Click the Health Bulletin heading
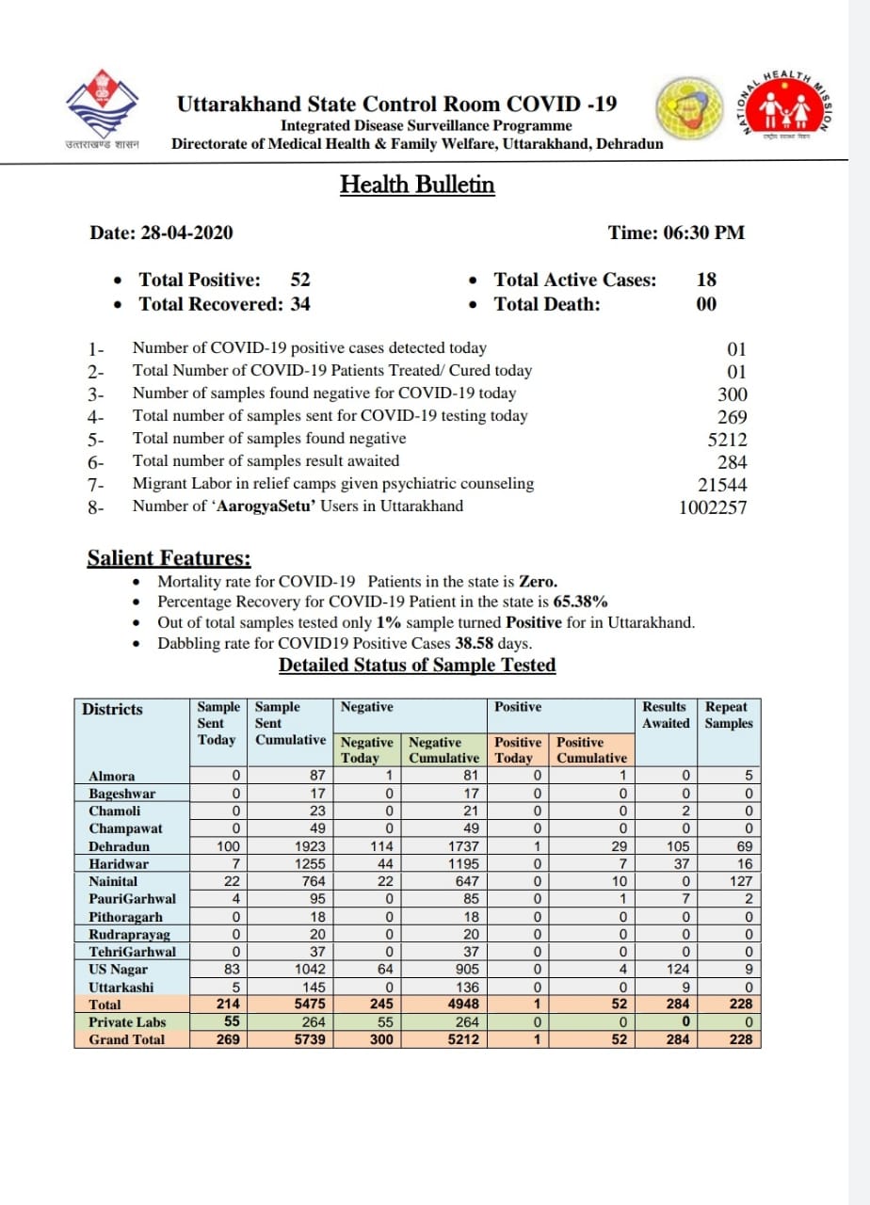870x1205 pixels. tap(417, 184)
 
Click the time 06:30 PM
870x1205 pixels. tap(676, 233)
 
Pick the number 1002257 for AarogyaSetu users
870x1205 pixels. tap(713, 507)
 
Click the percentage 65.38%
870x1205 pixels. tap(580, 602)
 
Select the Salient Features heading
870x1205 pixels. tap(169, 558)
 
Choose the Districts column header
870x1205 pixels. tap(112, 709)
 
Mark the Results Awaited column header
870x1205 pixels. tap(665, 715)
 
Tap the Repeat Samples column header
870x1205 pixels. tap(729, 715)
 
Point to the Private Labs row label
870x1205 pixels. tap(126, 1021)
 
